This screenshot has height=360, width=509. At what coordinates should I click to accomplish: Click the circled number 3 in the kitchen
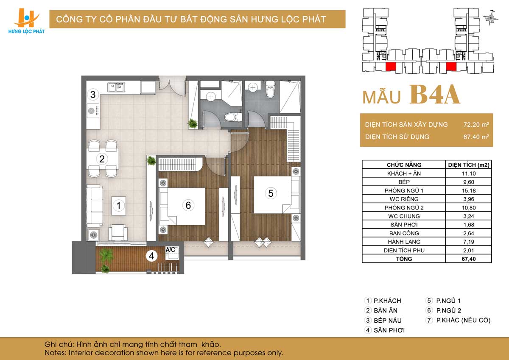93,94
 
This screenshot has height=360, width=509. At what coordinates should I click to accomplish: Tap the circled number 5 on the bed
271,193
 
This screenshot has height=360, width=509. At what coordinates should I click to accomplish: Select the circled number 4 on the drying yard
151,256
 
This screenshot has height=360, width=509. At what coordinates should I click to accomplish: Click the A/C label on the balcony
170,250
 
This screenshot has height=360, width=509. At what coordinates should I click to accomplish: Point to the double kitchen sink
116,87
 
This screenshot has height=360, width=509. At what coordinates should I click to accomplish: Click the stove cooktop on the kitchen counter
93,111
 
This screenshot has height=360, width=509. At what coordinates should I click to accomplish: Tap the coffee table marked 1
119,206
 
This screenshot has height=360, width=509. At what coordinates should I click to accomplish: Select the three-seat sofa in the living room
95,206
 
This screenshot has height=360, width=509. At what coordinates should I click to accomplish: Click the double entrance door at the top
173,87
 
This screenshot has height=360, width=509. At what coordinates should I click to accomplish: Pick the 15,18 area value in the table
469,190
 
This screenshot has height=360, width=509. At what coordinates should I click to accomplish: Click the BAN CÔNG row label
404,233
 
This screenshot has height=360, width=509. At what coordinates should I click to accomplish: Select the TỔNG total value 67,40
469,259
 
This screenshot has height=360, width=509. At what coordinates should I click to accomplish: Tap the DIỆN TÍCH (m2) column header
469,165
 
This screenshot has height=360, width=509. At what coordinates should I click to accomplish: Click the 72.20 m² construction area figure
476,125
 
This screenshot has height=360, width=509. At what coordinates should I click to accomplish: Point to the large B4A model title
435,95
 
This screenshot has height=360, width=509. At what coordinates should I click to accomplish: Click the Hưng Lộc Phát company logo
26,21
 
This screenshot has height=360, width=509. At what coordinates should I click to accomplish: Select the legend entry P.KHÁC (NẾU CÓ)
463,320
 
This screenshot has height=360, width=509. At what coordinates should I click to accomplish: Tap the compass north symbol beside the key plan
491,18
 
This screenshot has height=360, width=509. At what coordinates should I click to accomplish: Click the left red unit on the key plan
391,66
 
